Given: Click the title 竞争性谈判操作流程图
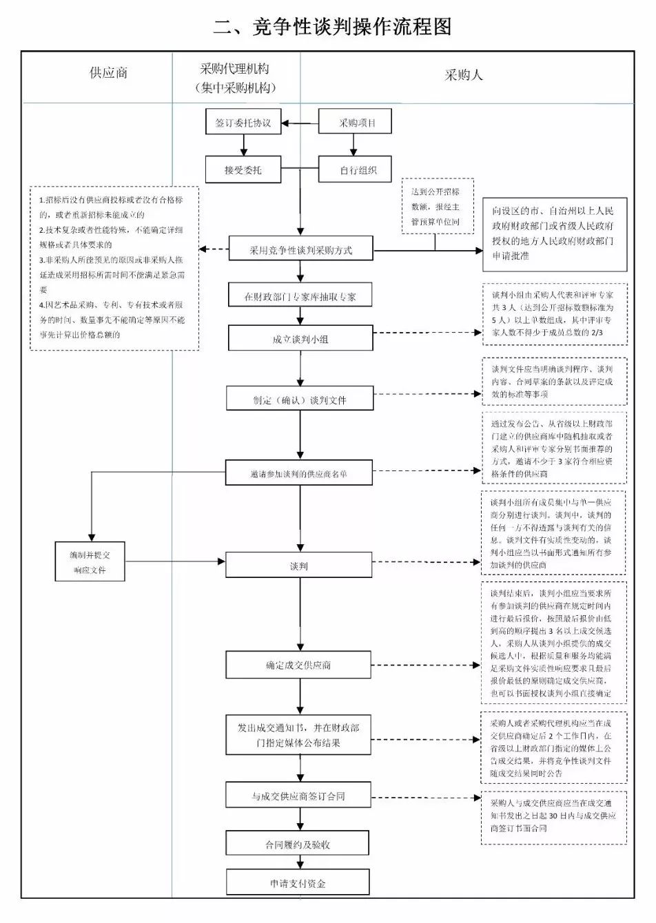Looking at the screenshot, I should pyautogui.click(x=332, y=27).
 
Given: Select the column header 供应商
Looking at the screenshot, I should pyautogui.click(x=108, y=73).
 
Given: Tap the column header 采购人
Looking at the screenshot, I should pyautogui.click(x=463, y=75).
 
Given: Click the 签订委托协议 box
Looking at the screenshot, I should pyautogui.click(x=243, y=123).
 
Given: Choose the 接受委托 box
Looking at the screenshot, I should pyautogui.click(x=243, y=169).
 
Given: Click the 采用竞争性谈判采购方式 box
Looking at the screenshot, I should pyautogui.click(x=300, y=250).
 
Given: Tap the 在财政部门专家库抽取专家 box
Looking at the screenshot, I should pyautogui.click(x=300, y=296).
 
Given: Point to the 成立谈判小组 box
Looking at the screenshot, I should pyautogui.click(x=300, y=339).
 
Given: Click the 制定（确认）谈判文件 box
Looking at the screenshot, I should pyautogui.click(x=300, y=400).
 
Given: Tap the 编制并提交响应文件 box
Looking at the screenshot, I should pyautogui.click(x=90, y=561).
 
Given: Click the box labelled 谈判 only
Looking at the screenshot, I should pyautogui.click(x=299, y=566).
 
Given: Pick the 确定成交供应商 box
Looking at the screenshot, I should pyautogui.click(x=299, y=665).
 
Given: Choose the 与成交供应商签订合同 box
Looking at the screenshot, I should pyautogui.click(x=299, y=796).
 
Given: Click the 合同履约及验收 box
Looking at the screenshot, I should pyautogui.click(x=298, y=844).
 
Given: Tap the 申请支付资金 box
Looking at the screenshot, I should pyautogui.click(x=298, y=883).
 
